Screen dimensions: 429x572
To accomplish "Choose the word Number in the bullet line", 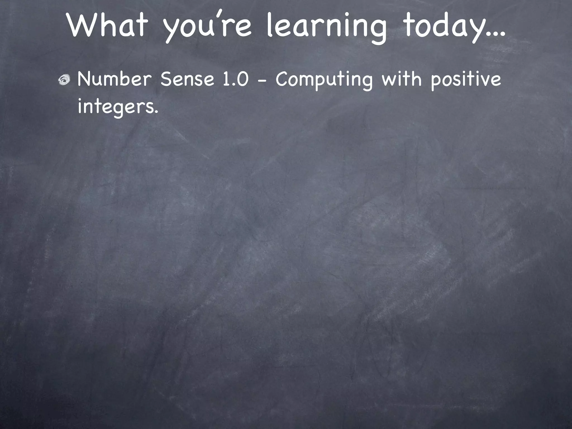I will click(x=115, y=79).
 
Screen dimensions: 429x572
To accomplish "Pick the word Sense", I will click(x=187, y=79).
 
